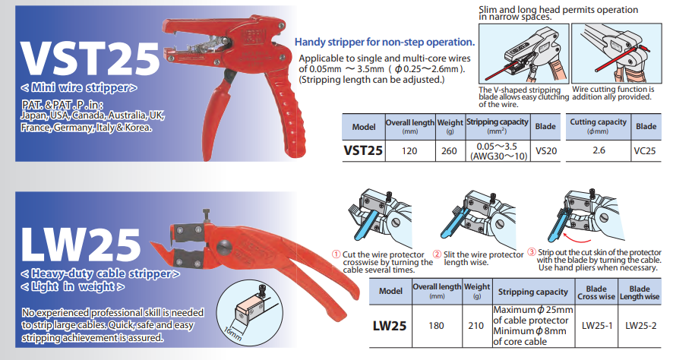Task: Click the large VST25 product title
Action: pyautogui.click(x=90, y=59)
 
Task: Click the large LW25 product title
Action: pyautogui.click(x=81, y=245)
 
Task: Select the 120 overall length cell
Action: pyautogui.click(x=409, y=151)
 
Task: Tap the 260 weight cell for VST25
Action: pyautogui.click(x=449, y=151)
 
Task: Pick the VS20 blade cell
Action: pyautogui.click(x=546, y=151)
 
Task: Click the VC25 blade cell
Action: pyautogui.click(x=645, y=151)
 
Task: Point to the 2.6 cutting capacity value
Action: pyautogui.click(x=599, y=150)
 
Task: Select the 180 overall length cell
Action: pyautogui.click(x=436, y=326)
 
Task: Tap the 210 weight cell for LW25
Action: pyautogui.click(x=476, y=326)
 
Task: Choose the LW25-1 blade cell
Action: pyautogui.click(x=597, y=326)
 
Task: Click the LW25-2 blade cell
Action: pyautogui.click(x=640, y=326)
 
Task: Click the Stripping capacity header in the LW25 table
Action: pyautogui.click(x=532, y=292)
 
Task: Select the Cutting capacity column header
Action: pyautogui.click(x=598, y=122)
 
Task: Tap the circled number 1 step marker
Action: pyautogui.click(x=337, y=254)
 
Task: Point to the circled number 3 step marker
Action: pyautogui.click(x=532, y=252)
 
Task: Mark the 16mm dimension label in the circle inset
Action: pyautogui.click(x=232, y=332)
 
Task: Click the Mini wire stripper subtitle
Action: pyautogui.click(x=79, y=87)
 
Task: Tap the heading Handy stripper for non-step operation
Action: pyautogui.click(x=385, y=43)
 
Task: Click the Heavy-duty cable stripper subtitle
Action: pyautogui.click(x=100, y=273)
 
